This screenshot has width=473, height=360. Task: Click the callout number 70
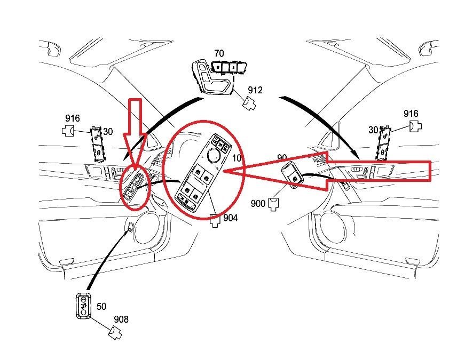pyautogui.click(x=219, y=54)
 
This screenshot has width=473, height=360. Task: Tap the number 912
pyautogui.click(x=255, y=90)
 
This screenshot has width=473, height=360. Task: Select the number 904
pyautogui.click(x=230, y=218)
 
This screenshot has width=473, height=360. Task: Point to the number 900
pyautogui.click(x=258, y=204)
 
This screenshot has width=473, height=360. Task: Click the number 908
pyautogui.click(x=121, y=319)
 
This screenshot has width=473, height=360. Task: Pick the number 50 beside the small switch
pyautogui.click(x=101, y=306)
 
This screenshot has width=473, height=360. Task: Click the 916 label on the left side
pyautogui.click(x=73, y=118)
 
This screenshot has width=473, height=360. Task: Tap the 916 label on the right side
pyautogui.click(x=411, y=114)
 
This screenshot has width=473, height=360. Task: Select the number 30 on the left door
pyautogui.click(x=108, y=132)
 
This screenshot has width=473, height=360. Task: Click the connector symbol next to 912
pyautogui.click(x=249, y=103)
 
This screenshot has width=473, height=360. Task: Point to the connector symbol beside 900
pyautogui.click(x=274, y=204)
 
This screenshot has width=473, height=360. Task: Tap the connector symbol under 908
pyautogui.click(x=115, y=332)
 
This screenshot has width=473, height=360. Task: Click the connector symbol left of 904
pyautogui.click(x=215, y=220)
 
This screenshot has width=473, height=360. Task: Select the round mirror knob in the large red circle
pyautogui.click(x=213, y=155)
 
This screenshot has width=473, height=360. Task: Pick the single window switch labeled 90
pyautogui.click(x=292, y=175)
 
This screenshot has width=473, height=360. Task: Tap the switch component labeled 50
pyautogui.click(x=84, y=306)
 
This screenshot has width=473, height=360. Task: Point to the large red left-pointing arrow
pyautogui.click(x=328, y=171)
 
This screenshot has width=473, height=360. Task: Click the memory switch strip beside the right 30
pyautogui.click(x=383, y=143)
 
